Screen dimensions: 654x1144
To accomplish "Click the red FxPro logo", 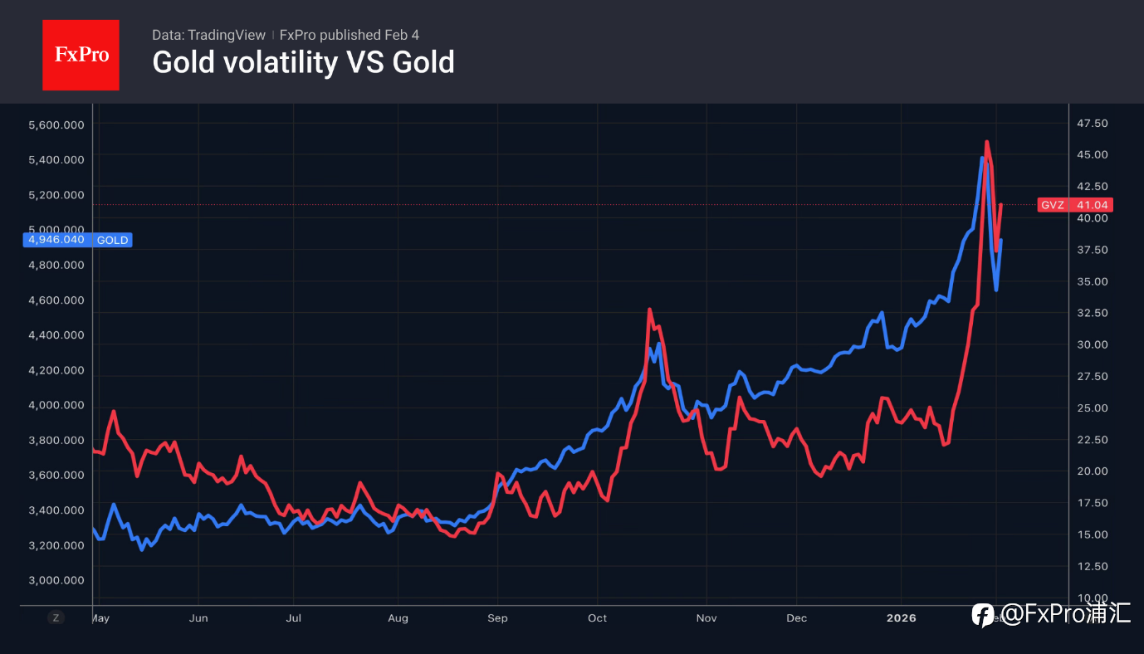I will tap(81, 55).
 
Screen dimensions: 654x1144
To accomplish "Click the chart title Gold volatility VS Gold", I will tap(303, 62).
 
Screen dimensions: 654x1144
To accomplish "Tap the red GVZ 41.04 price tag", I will tap(1075, 205).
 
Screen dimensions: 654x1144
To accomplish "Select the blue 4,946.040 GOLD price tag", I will tap(78, 240).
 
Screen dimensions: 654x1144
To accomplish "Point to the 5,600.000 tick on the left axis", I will tap(56, 124).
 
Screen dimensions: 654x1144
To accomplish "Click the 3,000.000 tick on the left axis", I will tap(56, 580).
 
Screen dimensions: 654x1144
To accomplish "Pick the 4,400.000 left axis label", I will tap(56, 335).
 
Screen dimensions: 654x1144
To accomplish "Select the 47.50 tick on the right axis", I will tap(1093, 124).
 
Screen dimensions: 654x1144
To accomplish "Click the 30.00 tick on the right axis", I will tap(1093, 344).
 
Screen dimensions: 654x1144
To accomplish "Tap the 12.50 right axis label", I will tap(1093, 566).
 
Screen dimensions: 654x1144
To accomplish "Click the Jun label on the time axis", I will tap(198, 618).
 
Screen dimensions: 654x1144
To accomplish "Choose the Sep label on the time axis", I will tap(497, 618).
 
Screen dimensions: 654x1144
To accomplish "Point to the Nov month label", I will tap(706, 618).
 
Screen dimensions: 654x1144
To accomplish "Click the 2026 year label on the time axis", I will tap(902, 618).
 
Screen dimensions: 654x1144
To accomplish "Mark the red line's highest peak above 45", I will tap(986, 142).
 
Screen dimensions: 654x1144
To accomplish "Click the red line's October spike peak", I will tap(649, 310).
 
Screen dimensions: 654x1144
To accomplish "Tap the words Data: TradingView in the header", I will tap(208, 35).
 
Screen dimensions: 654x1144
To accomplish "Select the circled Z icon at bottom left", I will tap(56, 617).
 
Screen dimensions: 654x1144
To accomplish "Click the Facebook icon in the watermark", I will tap(983, 615).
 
